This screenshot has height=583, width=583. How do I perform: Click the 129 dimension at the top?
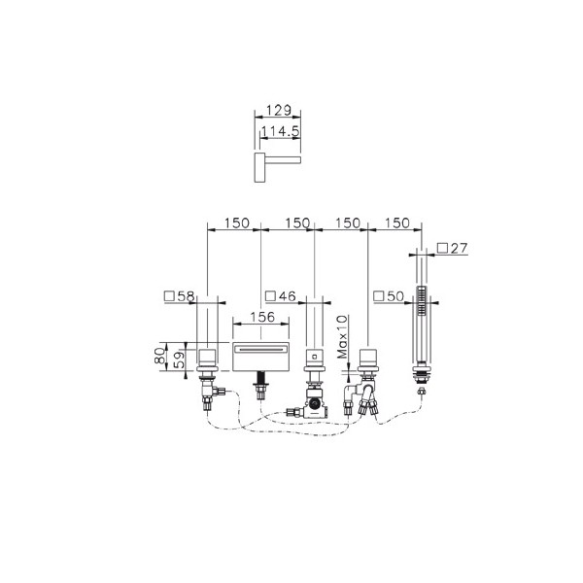point(278,111)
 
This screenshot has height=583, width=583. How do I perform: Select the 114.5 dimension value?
point(281,131)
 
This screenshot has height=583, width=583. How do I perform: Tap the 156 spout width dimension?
point(262,317)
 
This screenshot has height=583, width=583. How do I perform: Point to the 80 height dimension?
point(160,356)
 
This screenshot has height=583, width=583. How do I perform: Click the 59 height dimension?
point(180,360)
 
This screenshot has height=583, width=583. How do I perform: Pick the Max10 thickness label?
point(342,336)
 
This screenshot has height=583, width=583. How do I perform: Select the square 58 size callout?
point(179,296)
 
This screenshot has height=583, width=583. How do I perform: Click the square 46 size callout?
point(281,296)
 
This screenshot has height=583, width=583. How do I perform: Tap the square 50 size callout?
point(389,296)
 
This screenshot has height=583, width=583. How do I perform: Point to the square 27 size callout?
point(453,248)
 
